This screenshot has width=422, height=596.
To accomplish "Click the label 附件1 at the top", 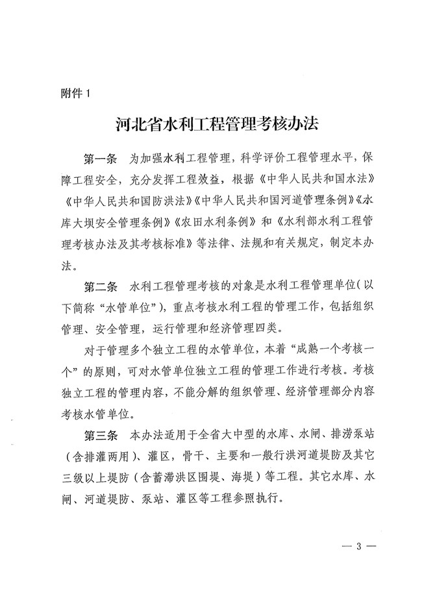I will click(x=73, y=92).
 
